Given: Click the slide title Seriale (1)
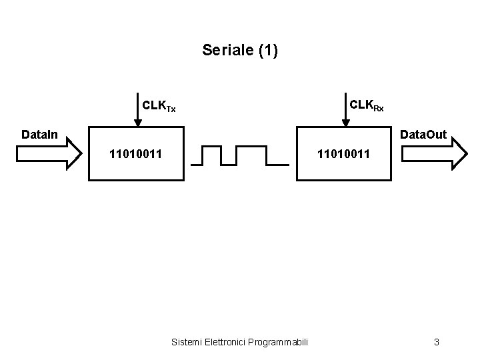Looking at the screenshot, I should [239, 50].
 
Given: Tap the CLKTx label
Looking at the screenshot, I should [159, 106].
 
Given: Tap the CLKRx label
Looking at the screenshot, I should [366, 105].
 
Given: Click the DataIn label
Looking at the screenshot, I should [39, 135].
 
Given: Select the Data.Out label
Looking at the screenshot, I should [423, 135].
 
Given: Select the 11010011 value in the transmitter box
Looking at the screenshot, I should [135, 156].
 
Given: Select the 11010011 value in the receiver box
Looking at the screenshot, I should [343, 156].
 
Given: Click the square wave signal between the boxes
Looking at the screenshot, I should [241, 155].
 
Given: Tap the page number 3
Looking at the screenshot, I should [436, 342].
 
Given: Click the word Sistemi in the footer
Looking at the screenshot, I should [187, 342].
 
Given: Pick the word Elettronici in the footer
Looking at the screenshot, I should [224, 342].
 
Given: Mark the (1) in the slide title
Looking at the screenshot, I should [267, 50].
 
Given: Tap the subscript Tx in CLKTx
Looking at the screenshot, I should [171, 109].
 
